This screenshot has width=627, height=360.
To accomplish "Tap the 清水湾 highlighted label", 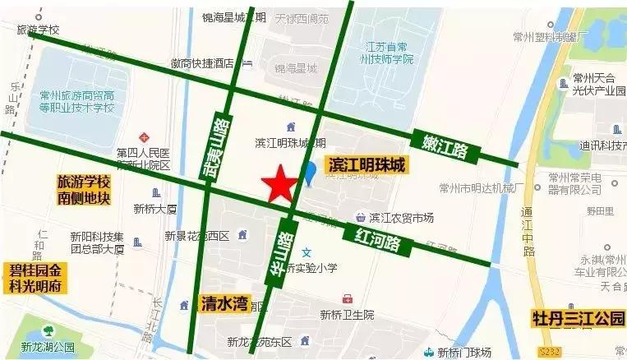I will click(x=224, y=303).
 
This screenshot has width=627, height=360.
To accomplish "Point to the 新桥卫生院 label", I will click(x=347, y=314).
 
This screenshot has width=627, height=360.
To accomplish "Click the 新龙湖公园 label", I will click(x=48, y=347).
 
